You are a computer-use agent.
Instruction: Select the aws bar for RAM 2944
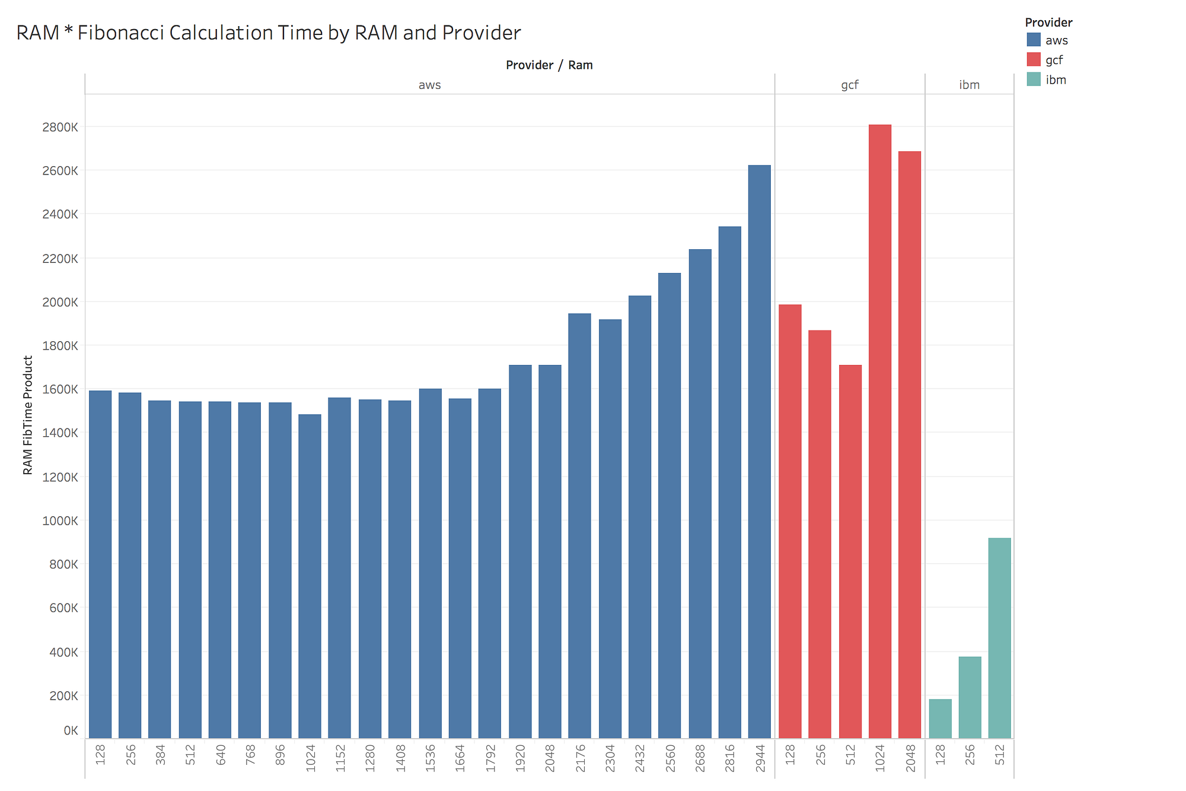[x=759, y=452]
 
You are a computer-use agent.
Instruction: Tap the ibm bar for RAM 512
[x=999, y=638]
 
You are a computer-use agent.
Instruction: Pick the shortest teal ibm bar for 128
[x=940, y=719]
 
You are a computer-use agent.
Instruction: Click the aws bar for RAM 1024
[x=310, y=576]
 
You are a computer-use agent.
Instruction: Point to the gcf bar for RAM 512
[x=850, y=551]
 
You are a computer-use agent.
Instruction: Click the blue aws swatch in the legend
[x=1034, y=40]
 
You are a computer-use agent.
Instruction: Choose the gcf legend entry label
[x=1054, y=60]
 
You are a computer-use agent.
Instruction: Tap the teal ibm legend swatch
[x=1034, y=80]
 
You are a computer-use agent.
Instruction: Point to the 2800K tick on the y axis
[x=60, y=127]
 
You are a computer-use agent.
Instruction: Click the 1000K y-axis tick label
[x=60, y=521]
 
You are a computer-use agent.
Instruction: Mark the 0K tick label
[x=71, y=730]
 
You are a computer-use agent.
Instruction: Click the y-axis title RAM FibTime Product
[x=28, y=415]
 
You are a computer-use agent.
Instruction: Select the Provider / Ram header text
[x=549, y=65]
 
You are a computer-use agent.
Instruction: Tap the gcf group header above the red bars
[x=849, y=85]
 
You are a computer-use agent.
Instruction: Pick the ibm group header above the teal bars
[x=969, y=85]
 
